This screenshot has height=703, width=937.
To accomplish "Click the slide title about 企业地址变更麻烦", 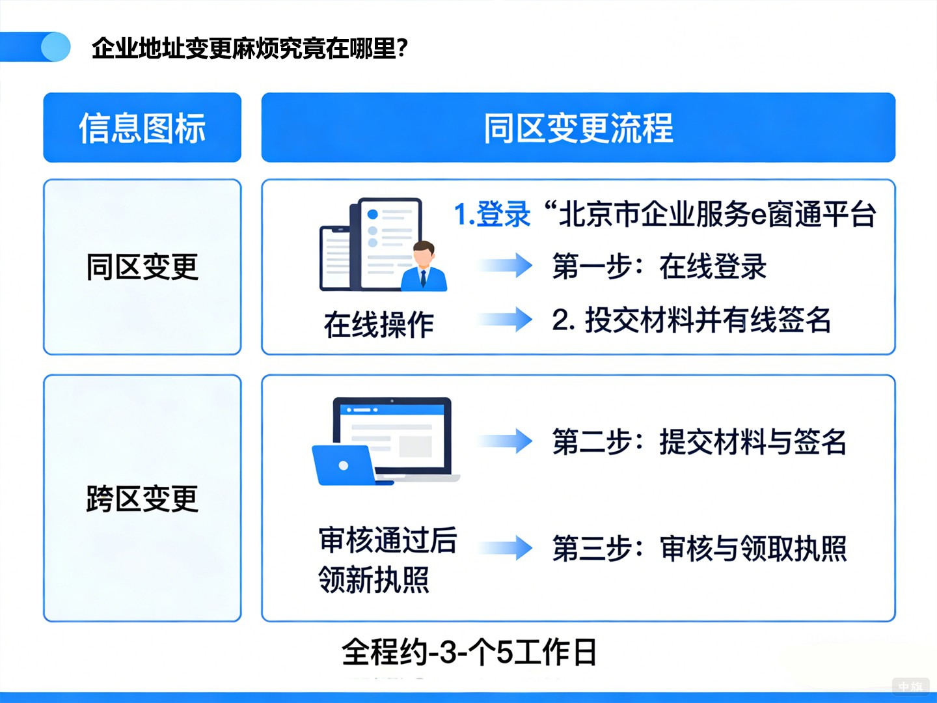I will [250, 48].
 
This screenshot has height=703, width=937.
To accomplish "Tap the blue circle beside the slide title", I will [55, 47].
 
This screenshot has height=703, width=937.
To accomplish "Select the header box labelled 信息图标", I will [142, 128].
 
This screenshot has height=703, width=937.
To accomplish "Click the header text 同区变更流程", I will [578, 128].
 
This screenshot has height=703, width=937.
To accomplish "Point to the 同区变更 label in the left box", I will [142, 267].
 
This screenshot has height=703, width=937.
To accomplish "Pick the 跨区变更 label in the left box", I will [142, 499].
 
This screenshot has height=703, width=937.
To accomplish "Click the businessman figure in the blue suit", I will [424, 267].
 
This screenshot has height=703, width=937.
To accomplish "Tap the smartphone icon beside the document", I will [335, 258].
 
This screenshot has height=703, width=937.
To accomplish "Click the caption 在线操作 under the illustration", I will [379, 324].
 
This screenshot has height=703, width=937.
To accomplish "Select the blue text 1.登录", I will [492, 215].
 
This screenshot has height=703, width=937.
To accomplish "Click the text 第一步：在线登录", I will [659, 267].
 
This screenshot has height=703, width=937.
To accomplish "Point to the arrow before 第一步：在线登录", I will [505, 266].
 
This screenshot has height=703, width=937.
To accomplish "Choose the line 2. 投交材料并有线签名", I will [691, 320].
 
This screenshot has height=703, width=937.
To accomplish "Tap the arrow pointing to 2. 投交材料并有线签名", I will [505, 319].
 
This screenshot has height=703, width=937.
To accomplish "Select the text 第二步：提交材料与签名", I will [699, 443].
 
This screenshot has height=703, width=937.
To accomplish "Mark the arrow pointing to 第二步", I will [505, 441].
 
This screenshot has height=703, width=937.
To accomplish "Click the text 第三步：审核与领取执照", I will [699, 549].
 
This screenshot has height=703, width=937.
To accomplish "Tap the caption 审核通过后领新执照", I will [387, 560].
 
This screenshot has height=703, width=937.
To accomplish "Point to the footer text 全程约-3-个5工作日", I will [468, 652].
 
